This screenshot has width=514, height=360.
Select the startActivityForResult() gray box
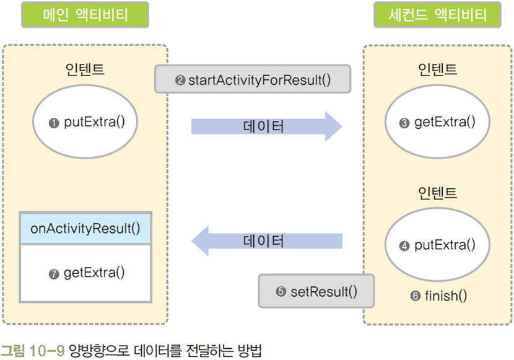[x=253, y=80]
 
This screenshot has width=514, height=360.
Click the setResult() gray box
[x=316, y=291]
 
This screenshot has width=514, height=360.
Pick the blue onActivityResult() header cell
[x=85, y=227]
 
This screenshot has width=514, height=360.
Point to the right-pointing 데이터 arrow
[x=266, y=127]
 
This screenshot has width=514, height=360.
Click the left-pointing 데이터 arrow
[x=266, y=240]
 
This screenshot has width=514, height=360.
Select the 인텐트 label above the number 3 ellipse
[x=437, y=69]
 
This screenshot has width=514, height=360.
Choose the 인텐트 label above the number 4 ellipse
[x=437, y=193]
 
